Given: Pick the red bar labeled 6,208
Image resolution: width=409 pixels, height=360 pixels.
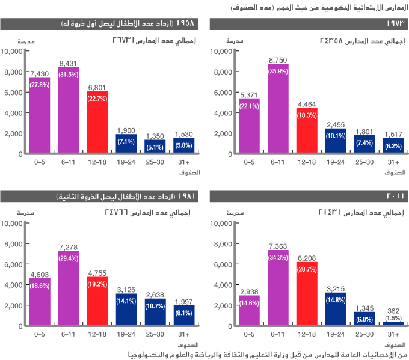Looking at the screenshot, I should coord(307,294).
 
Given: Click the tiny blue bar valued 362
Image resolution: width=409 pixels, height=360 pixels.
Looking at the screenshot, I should coord(393,324).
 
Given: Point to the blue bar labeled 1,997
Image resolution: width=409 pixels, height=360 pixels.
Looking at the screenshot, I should coord(184,316).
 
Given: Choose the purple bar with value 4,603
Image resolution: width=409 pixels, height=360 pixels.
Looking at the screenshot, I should coord(39,302).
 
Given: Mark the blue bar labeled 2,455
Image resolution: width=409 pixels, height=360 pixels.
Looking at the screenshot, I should coord(336,141).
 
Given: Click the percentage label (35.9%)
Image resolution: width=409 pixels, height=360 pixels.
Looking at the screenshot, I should coord(278,71).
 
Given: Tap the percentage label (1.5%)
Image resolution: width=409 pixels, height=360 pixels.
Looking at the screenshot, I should coord(393,317).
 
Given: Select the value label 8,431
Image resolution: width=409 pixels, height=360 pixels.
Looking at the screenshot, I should coord(68,63).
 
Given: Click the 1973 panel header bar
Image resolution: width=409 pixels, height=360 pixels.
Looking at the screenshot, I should coord(309,24).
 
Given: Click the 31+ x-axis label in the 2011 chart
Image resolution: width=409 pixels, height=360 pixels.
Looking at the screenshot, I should coord(393,335).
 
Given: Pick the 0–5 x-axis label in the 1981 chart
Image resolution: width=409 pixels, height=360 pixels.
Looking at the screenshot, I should coord(39,335).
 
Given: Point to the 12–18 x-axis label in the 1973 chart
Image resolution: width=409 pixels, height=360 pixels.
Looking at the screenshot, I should coord(307,162).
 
